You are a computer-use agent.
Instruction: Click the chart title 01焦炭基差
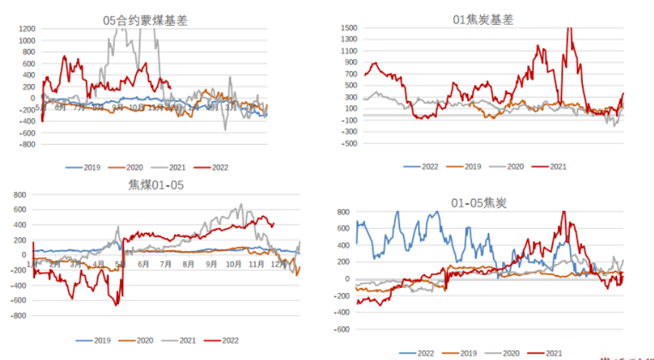[x=483, y=20]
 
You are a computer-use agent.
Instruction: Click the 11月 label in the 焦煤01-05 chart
[x=257, y=264]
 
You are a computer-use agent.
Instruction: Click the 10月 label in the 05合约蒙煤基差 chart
[x=136, y=108]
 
